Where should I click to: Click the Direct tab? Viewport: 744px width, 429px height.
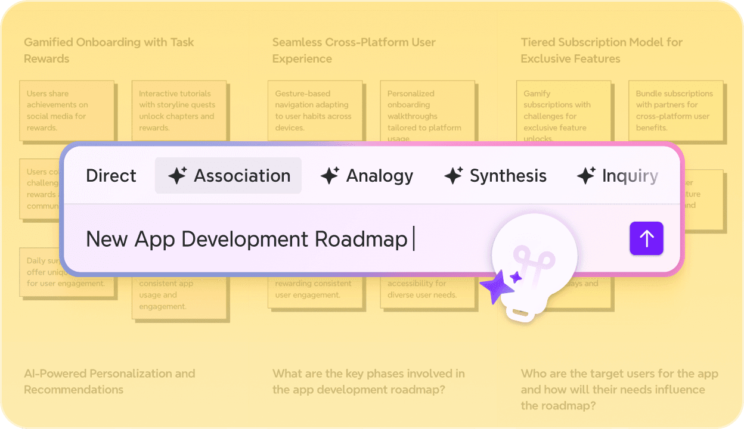(x=111, y=176)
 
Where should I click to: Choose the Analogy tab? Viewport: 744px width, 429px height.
(x=367, y=176)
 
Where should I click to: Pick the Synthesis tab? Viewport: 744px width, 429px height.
(x=495, y=176)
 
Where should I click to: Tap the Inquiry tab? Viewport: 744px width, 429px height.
(x=618, y=176)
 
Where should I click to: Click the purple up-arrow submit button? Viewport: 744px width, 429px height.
(x=646, y=238)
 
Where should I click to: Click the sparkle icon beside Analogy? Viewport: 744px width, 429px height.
(x=330, y=176)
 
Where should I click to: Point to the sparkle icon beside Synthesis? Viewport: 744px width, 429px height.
(x=454, y=176)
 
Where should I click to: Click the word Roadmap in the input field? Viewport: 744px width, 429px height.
(x=361, y=239)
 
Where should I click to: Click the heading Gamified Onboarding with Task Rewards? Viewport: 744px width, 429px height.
(x=109, y=50)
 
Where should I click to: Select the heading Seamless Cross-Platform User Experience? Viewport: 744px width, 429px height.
(x=354, y=50)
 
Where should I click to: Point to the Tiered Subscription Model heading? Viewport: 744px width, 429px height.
(x=602, y=50)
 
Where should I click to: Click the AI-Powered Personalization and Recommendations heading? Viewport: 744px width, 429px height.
(x=109, y=381)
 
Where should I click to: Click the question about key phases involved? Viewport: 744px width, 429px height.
(x=368, y=381)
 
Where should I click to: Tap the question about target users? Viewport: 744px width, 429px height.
(x=619, y=389)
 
